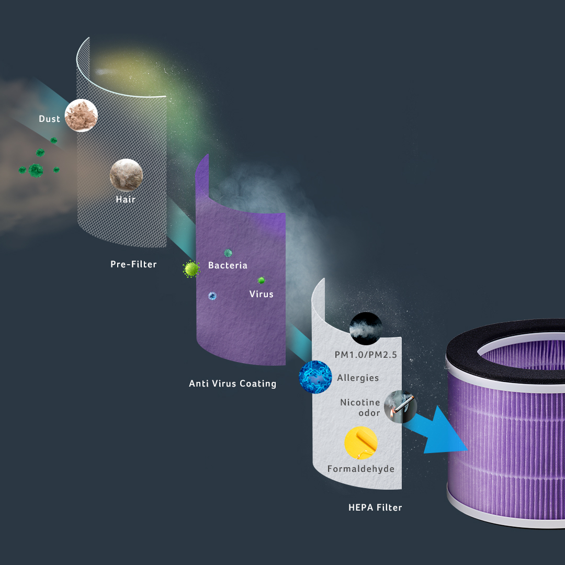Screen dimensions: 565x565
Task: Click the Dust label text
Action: click(49, 119)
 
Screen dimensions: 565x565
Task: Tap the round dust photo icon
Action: click(81, 116)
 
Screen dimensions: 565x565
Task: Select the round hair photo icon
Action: click(126, 175)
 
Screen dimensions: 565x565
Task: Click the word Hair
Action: click(126, 199)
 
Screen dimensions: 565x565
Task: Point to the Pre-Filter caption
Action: click(133, 264)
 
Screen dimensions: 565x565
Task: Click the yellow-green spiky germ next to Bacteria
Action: click(191, 269)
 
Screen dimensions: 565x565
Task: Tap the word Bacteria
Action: click(228, 265)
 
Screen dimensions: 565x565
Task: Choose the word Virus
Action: click(261, 294)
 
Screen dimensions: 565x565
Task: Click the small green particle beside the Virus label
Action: click(261, 280)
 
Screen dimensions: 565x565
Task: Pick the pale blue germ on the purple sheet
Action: click(212, 296)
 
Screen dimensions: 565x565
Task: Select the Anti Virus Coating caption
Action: click(232, 383)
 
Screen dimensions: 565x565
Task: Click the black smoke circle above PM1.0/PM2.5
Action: click(365, 328)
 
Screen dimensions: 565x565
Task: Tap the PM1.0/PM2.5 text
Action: click(366, 355)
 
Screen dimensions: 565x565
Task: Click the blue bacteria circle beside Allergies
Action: click(315, 377)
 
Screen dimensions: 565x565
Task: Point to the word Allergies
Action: click(358, 377)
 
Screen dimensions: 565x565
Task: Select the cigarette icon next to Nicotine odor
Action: click(400, 407)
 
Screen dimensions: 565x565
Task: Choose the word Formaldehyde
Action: click(360, 469)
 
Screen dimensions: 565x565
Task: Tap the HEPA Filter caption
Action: click(375, 507)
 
